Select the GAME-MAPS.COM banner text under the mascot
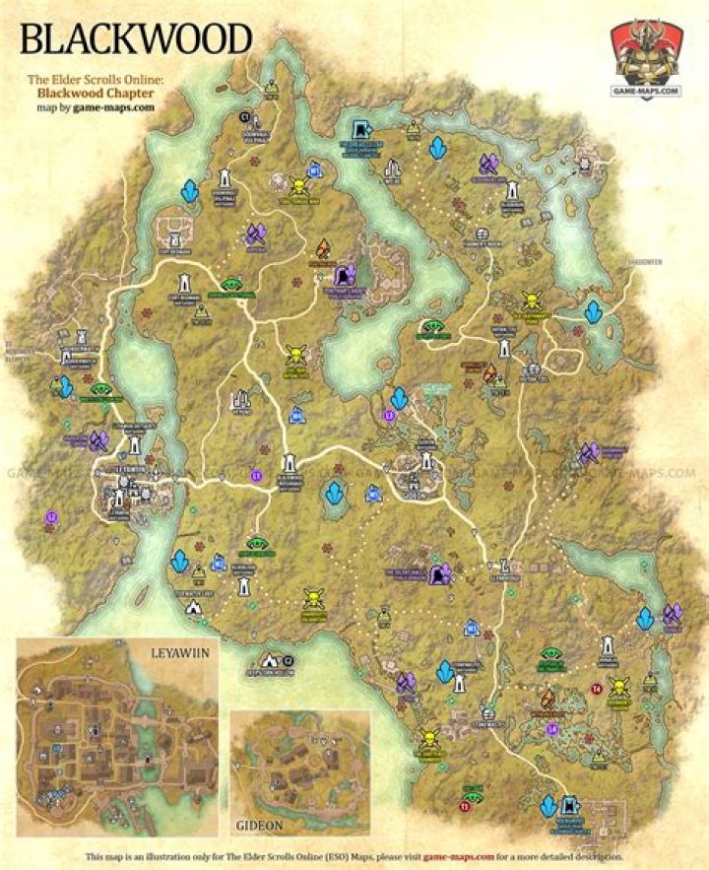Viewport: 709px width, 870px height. point(648,92)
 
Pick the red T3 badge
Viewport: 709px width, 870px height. point(464,807)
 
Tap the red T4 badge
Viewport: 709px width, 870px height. point(595,688)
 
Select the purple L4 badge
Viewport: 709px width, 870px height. point(551,728)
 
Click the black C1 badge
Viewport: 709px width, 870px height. point(245,116)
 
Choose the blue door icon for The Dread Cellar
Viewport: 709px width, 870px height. point(361,129)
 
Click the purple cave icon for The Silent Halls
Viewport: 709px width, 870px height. point(444,571)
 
